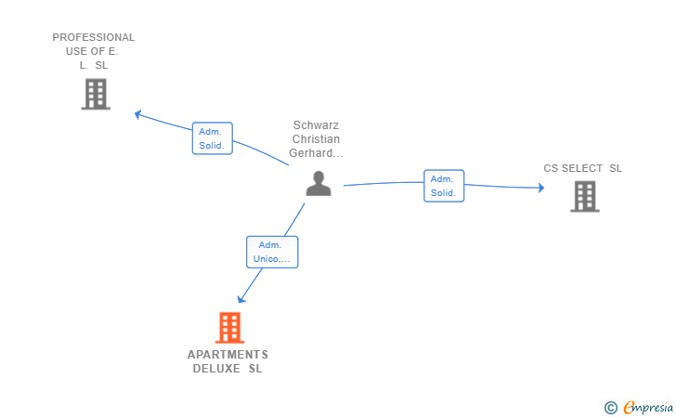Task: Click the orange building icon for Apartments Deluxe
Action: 229,327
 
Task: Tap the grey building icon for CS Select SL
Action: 585,196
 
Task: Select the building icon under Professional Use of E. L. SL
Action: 96,94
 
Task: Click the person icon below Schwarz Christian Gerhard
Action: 318,184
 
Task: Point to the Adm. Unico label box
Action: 272,252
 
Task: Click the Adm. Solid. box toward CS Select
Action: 444,186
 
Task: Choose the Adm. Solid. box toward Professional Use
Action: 213,138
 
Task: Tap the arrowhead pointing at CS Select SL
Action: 541,188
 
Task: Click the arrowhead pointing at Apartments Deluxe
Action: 241,298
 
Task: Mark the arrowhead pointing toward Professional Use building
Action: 138,115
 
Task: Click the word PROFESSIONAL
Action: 94,37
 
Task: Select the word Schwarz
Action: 316,125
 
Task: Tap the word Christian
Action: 316,139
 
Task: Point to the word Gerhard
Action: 310,153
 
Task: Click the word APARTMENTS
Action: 228,355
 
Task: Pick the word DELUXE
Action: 216,369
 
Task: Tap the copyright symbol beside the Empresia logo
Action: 610,408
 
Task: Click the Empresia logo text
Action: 648,408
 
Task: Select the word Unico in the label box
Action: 266,259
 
